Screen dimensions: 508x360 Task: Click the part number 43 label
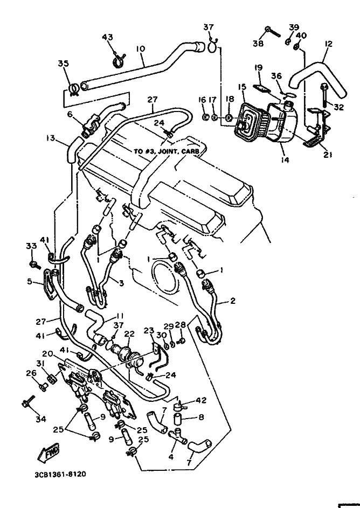pos(107,37)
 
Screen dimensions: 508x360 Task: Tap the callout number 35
pos(64,64)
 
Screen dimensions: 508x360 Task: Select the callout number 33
pos(31,246)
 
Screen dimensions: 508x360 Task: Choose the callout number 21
pos(327,155)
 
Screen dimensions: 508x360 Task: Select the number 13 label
pos(51,138)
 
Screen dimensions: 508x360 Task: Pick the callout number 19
pos(258,68)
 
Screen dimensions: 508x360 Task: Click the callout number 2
pos(232,301)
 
